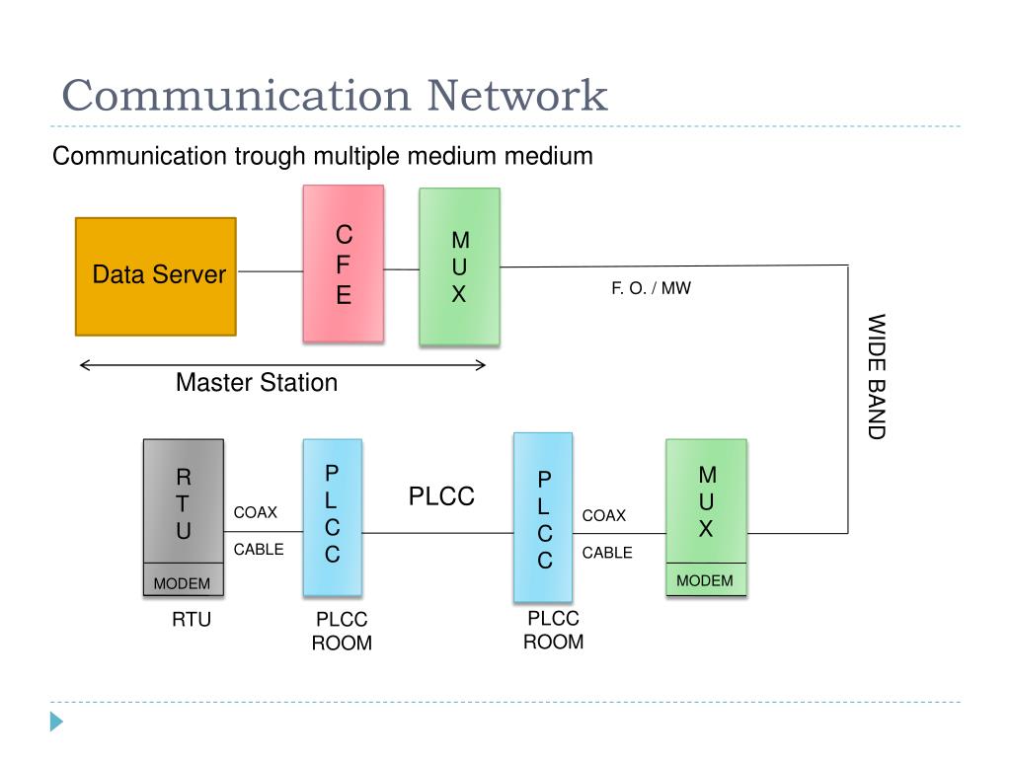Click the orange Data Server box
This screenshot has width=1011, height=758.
click(x=156, y=276)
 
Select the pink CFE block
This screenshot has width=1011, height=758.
click(x=344, y=264)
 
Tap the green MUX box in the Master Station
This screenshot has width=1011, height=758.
click(x=459, y=266)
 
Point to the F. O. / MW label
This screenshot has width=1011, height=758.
click(x=651, y=288)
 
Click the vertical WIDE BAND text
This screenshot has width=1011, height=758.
click(x=877, y=376)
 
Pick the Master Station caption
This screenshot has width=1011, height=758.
click(x=257, y=382)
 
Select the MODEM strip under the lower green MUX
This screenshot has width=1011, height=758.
click(x=706, y=579)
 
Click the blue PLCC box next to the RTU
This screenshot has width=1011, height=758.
click(x=333, y=517)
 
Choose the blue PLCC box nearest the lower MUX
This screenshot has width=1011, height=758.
click(x=543, y=517)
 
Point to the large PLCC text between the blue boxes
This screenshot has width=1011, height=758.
click(x=441, y=496)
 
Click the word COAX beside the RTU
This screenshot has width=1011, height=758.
click(x=256, y=512)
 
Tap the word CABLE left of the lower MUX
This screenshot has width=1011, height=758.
click(x=607, y=553)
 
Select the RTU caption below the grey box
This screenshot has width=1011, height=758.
click(x=192, y=620)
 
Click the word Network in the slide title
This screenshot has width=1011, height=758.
click(x=517, y=96)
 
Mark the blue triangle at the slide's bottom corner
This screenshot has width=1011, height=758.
click(x=56, y=721)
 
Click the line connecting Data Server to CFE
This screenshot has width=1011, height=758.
click(x=271, y=271)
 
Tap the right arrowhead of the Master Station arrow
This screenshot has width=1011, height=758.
click(x=481, y=365)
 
